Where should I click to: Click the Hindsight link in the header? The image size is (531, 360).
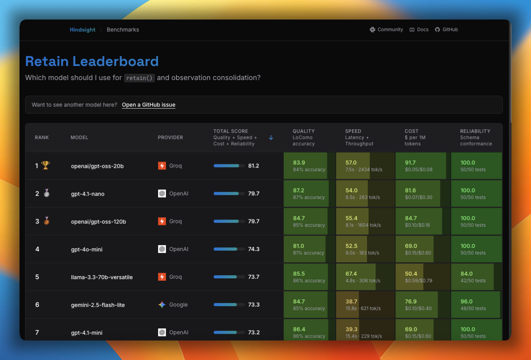tap(82, 30)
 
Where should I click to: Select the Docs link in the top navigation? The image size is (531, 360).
tap(419, 30)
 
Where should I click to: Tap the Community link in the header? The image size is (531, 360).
tap(386, 30)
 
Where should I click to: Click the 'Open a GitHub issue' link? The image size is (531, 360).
tap(148, 105)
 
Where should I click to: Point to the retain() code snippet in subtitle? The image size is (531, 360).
tap(139, 78)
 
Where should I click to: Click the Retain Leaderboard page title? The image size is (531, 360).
tap(92, 61)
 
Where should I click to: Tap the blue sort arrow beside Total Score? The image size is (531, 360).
tap(271, 137)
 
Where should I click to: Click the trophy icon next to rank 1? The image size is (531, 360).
tap(46, 166)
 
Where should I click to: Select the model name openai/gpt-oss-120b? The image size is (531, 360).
tap(98, 222)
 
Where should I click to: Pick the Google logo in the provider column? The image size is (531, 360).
tap(162, 305)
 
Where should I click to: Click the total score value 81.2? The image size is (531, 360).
tap(253, 166)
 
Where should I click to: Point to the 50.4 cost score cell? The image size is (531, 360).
tap(411, 274)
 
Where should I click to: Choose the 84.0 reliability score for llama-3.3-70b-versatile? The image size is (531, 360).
tap(467, 274)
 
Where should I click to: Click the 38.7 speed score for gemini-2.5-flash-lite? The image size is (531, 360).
tap(351, 301)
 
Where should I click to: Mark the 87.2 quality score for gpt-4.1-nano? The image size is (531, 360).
tap(299, 191)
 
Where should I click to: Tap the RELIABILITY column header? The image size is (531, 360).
tap(475, 131)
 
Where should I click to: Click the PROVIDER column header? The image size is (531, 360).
tap(170, 137)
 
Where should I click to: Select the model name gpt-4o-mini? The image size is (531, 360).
tap(87, 250)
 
